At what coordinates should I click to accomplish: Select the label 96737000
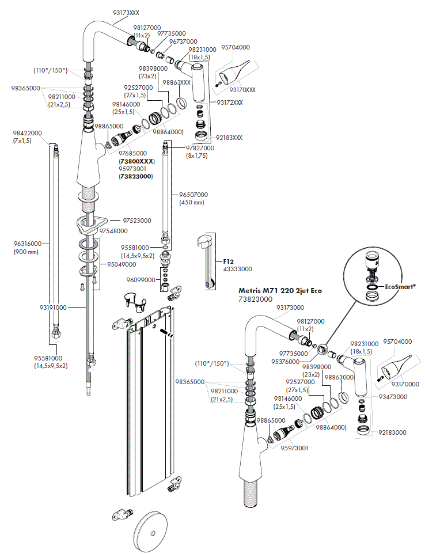(183, 41)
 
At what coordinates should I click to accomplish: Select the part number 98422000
(27, 133)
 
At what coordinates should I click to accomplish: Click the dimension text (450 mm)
(192, 202)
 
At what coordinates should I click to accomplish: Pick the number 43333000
(237, 269)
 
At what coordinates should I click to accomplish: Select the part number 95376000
(294, 362)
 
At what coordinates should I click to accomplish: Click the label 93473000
(393, 397)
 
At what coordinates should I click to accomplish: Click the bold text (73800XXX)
(136, 162)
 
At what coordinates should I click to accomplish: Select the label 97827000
(200, 148)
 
